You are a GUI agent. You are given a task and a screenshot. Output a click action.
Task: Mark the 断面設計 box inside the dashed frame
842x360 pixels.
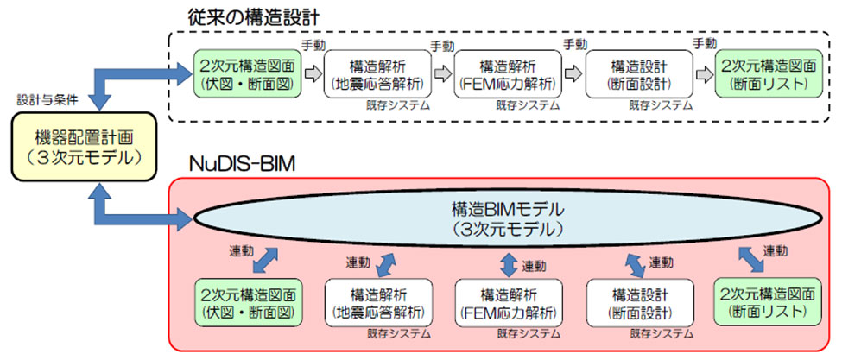(638, 73)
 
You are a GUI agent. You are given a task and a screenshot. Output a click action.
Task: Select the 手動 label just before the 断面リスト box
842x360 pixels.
(704, 43)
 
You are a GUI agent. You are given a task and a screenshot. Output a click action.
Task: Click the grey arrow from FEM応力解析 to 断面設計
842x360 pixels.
(573, 74)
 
